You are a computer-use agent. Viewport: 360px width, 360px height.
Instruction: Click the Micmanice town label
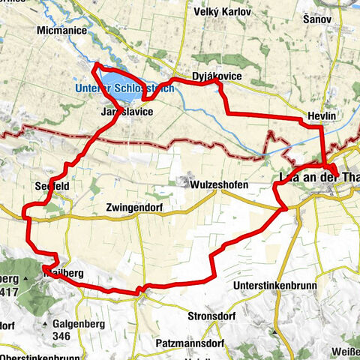61,31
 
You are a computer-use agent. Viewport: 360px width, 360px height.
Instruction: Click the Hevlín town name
323,117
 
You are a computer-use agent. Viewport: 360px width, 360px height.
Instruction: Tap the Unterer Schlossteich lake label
124,88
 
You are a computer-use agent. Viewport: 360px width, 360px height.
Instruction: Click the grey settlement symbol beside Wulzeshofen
183,181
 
